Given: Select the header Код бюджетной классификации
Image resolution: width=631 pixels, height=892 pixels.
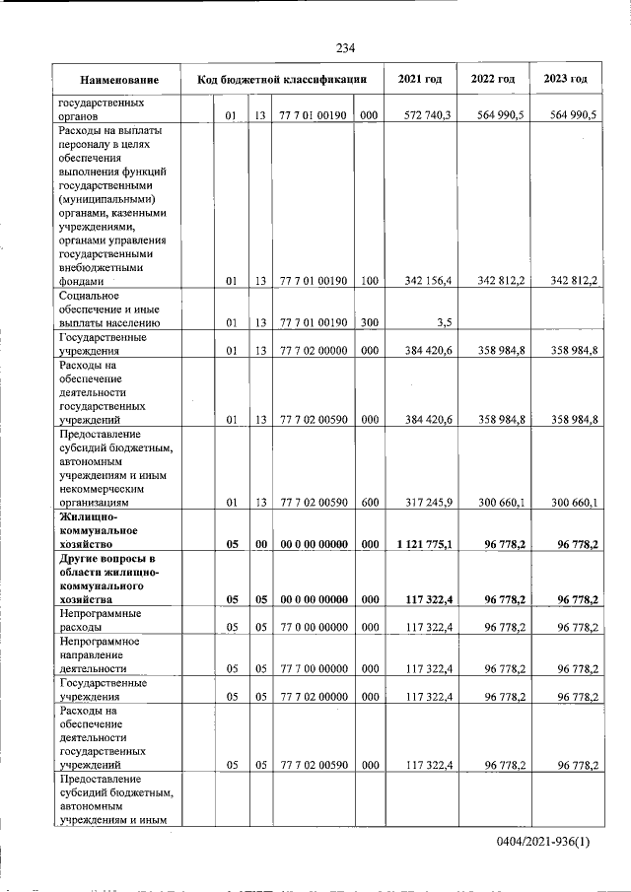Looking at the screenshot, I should point(282,79).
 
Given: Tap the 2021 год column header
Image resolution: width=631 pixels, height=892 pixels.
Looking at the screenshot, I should point(420,79).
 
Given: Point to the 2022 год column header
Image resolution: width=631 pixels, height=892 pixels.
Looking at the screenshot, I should point(493,79).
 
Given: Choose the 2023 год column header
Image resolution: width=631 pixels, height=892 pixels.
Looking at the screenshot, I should point(565,79).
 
